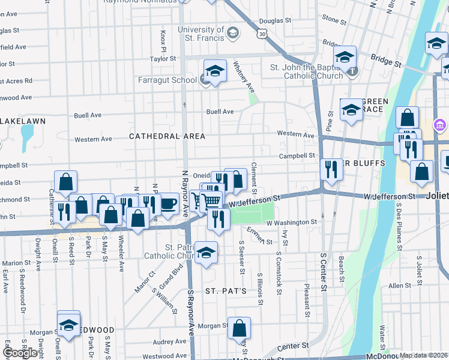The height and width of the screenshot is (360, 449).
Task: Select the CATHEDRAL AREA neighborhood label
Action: coord(167,136)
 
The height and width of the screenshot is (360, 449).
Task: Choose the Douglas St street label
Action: coord(276,20)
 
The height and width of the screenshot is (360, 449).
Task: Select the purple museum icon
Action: coord(439,125)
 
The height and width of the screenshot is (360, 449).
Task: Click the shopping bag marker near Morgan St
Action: coord(239,328)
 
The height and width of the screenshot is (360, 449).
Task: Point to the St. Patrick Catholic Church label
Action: coord(172,251)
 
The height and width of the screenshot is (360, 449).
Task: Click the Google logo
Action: coord(20,353)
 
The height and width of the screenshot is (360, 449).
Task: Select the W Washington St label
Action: coord(291,222)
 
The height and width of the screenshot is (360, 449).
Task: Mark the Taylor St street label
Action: coord(163,59)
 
